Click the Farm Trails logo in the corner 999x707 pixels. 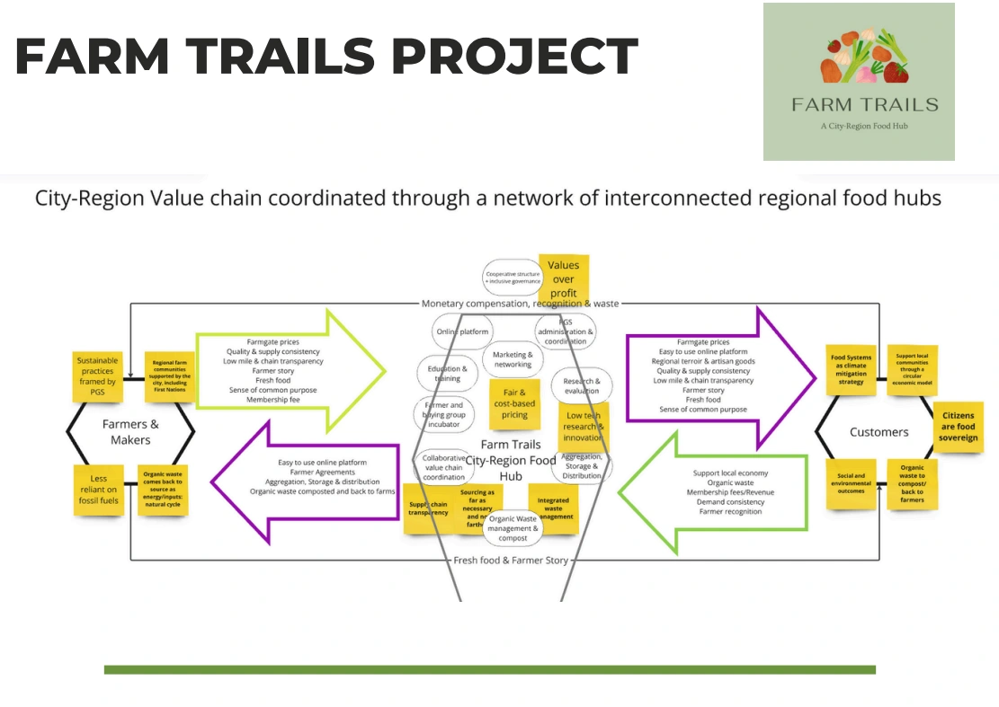[859, 82]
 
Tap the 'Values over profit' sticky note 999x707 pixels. [564, 278]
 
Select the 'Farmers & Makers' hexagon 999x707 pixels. [129, 431]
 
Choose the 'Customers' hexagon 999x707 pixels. [879, 432]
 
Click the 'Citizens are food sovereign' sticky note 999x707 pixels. [958, 428]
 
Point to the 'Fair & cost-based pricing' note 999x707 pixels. [514, 403]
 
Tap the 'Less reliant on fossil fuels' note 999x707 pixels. [98, 490]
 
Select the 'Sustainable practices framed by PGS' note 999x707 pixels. [98, 376]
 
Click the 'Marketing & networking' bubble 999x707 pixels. [513, 359]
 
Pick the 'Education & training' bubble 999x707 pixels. [448, 373]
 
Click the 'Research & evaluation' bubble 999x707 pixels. [581, 385]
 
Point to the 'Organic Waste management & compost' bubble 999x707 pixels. [513, 528]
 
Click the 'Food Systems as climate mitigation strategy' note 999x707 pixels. [851, 369]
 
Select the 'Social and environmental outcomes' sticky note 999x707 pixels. [851, 483]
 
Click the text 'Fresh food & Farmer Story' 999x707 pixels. [512, 561]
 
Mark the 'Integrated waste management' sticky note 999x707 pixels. [553, 508]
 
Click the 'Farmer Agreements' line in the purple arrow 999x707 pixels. [322, 473]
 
